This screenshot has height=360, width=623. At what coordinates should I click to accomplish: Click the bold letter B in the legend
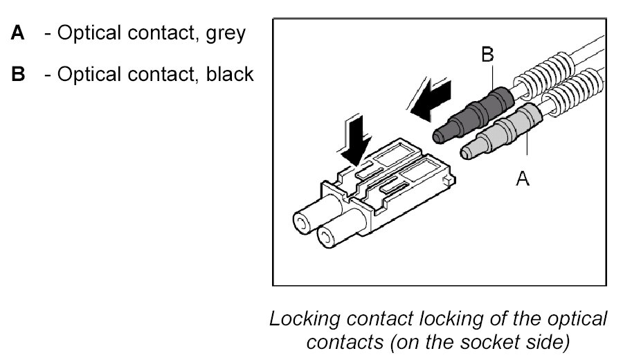point(18,73)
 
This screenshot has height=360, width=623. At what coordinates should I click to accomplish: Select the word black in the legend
point(230,73)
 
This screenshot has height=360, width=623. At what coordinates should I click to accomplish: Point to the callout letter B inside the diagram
point(487,54)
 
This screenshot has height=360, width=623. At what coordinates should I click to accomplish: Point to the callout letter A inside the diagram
point(523,179)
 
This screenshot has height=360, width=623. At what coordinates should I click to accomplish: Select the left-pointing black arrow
point(433,97)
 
